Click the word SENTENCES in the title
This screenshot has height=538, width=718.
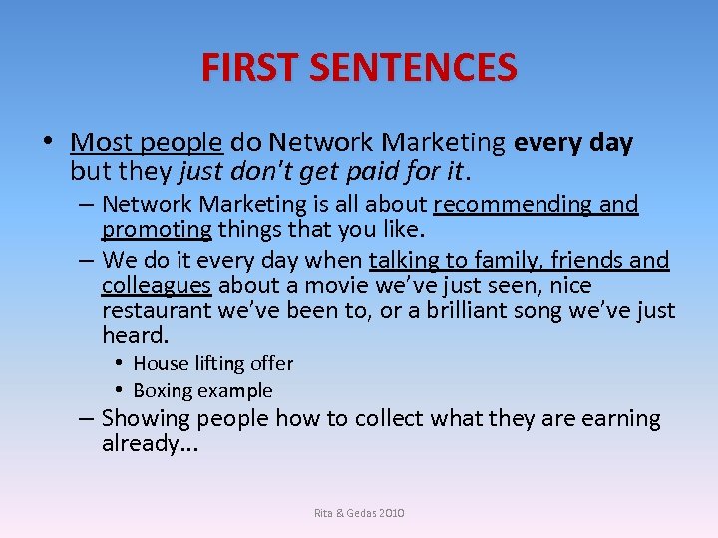click(413, 68)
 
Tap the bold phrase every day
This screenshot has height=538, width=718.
click(573, 143)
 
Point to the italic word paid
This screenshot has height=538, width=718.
click(374, 171)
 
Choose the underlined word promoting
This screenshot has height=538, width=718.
click(157, 231)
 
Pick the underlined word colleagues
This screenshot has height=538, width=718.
click(157, 286)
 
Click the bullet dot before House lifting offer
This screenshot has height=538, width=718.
click(119, 364)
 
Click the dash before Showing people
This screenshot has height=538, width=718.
click(86, 418)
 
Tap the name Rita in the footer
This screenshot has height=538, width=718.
click(325, 513)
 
